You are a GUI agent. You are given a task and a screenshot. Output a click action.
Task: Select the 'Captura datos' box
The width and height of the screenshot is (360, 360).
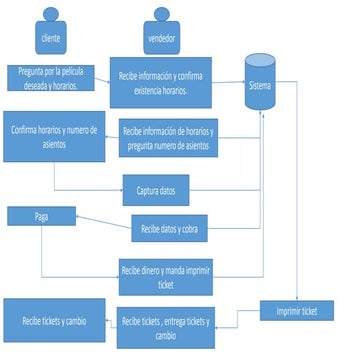(x=155, y=188)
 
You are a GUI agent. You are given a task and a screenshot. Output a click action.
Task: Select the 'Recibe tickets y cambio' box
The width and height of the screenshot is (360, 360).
(x=54, y=321)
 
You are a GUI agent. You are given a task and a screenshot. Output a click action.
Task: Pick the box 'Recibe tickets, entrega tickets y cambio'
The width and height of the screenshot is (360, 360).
(x=166, y=327)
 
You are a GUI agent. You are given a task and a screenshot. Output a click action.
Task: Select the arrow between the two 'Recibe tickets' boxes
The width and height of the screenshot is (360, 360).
(x=112, y=323)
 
